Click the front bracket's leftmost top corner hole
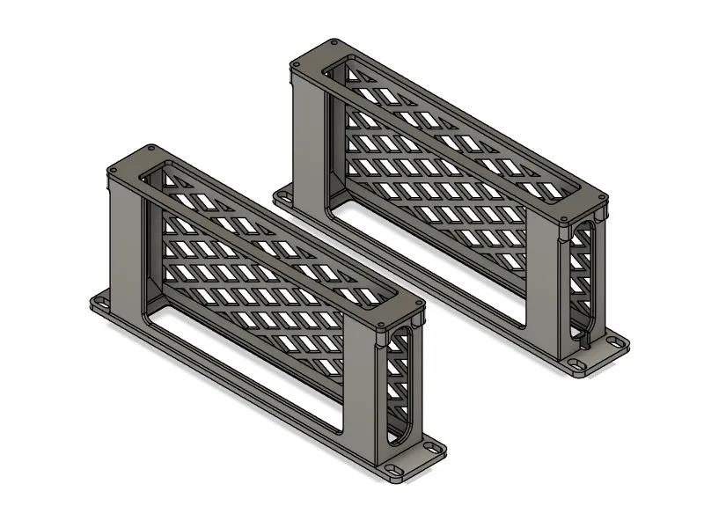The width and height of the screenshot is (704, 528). pos(111,170)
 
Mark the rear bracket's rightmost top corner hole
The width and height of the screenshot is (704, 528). pos(602,199)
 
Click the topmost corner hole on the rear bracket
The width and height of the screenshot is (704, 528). pos(332,40)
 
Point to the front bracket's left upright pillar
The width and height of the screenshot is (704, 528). pos(123,238)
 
